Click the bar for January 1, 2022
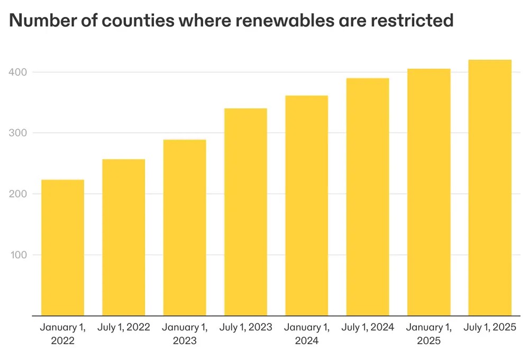[62, 248]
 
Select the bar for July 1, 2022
[124, 238]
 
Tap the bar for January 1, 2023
[185, 228]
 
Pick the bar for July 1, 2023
[245, 212]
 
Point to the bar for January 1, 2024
[307, 206]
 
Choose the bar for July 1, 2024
[368, 197]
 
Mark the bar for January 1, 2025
[429, 192]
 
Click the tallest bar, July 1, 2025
[490, 188]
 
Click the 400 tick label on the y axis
[20, 72]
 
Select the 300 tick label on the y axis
[20, 133]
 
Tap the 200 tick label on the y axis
[20, 194]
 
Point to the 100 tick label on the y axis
[20, 255]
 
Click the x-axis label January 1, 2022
[62, 334]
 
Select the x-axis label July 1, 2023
[245, 327]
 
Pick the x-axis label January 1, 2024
[307, 334]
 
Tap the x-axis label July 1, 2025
[490, 327]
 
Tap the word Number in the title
[39, 20]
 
